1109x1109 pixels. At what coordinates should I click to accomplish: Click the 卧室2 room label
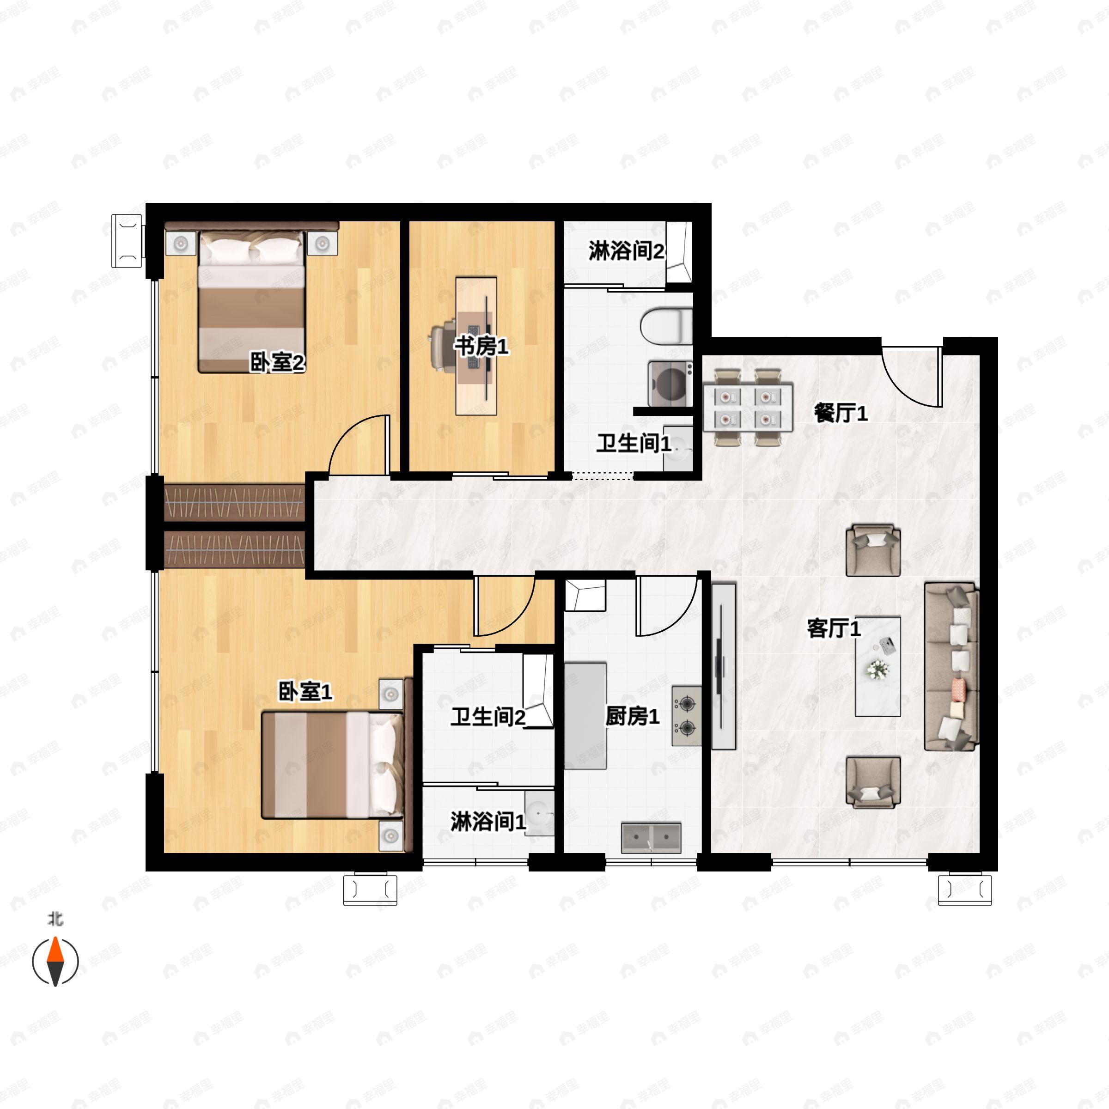click(x=277, y=362)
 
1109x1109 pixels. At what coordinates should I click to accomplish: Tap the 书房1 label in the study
click(x=481, y=346)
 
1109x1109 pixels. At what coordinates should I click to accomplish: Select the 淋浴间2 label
click(x=626, y=251)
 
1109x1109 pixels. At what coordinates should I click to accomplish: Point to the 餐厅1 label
click(x=841, y=413)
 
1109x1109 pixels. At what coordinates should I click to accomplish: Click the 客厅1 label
click(x=834, y=628)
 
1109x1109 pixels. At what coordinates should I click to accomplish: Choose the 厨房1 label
click(x=632, y=716)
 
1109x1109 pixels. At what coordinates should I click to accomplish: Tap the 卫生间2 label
click(x=487, y=717)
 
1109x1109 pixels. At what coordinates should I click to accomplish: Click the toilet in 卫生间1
click(x=666, y=327)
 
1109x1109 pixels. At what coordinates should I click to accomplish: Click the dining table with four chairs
click(x=748, y=408)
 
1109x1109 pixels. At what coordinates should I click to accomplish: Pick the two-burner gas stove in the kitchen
click(x=687, y=716)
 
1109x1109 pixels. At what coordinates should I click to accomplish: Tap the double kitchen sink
click(x=651, y=838)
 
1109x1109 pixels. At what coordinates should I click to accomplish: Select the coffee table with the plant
click(x=877, y=666)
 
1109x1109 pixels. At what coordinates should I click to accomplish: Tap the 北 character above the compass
click(x=55, y=919)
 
